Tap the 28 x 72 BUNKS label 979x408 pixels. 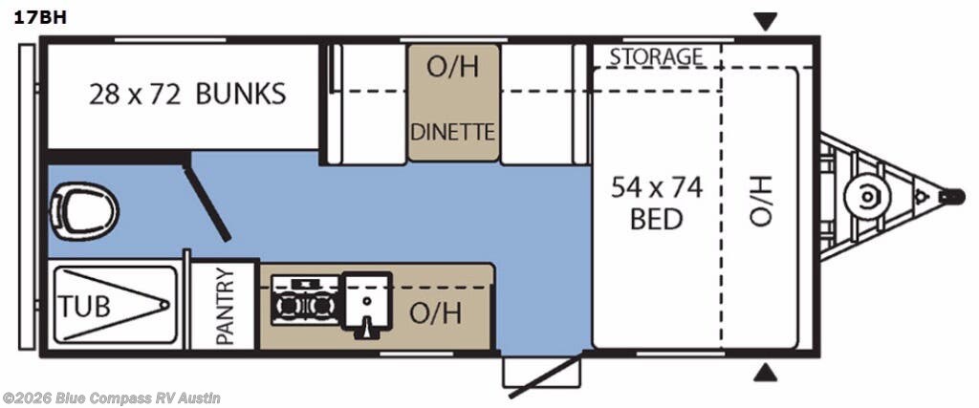tap(186, 94)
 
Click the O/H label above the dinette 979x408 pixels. tap(452, 68)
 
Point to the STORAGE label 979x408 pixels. tap(656, 56)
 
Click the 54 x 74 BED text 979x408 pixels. tap(657, 203)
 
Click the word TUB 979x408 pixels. tap(85, 307)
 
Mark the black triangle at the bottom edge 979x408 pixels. tap(766, 373)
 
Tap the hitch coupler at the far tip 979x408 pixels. tap(952, 197)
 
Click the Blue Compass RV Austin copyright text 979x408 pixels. tap(112, 397)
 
